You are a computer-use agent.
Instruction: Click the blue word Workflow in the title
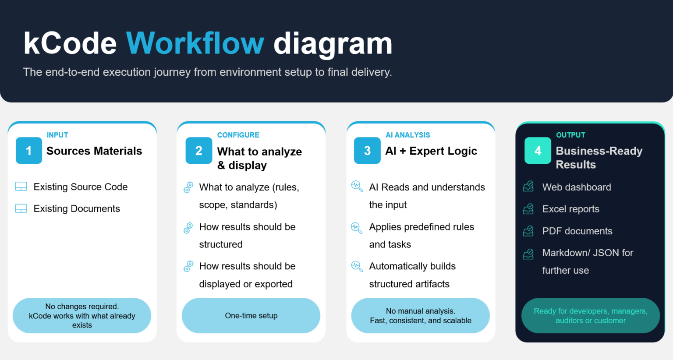[195, 43]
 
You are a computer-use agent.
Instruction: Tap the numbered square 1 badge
[29, 150]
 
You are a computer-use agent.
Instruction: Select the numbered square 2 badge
[199, 150]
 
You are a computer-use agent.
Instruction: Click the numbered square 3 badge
[367, 150]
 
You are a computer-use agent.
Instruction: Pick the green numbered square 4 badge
[538, 150]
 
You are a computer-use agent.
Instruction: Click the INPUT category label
[57, 135]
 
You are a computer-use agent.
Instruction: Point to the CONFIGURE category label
[238, 135]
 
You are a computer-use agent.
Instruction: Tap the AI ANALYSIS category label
[408, 135]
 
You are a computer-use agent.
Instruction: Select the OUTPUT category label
[570, 135]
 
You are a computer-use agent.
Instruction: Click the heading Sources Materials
[94, 151]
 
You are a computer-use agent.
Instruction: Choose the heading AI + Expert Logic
[431, 151]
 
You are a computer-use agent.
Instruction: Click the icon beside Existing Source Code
[21, 187]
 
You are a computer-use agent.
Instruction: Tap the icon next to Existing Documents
[21, 208]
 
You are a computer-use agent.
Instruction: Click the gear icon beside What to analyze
[188, 187]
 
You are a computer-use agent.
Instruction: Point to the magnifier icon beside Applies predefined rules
[357, 228]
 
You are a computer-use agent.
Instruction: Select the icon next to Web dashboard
[528, 186]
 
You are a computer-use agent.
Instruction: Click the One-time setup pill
[251, 316]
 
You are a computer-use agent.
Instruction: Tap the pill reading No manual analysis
[420, 316]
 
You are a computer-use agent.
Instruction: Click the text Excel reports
[570, 209]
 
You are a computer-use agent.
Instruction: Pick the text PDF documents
[577, 231]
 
